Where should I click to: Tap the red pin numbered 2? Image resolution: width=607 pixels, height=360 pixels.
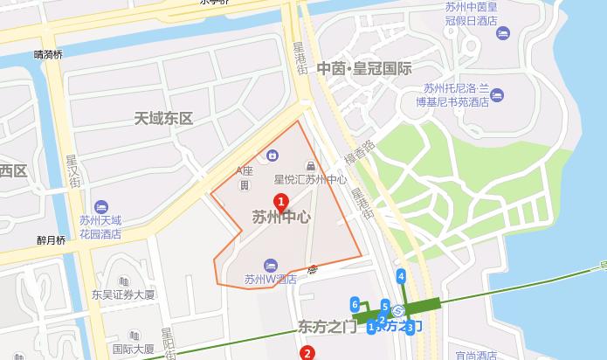tap(307, 353)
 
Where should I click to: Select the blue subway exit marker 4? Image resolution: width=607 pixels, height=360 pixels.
tap(401, 277)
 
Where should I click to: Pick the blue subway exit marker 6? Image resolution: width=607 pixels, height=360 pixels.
tap(355, 303)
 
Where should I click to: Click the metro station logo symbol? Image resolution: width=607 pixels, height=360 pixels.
tap(397, 310)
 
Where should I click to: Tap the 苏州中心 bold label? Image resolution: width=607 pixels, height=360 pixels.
tap(281, 219)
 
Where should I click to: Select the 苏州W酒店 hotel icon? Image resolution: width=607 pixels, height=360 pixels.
tap(271, 264)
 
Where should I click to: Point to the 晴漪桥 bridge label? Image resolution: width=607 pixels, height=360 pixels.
tap(48, 54)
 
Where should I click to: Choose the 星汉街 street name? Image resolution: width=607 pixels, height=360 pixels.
tap(72, 171)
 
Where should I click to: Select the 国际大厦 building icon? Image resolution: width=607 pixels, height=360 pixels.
tap(134, 335)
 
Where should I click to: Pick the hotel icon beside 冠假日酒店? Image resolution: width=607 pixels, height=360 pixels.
tap(502, 33)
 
